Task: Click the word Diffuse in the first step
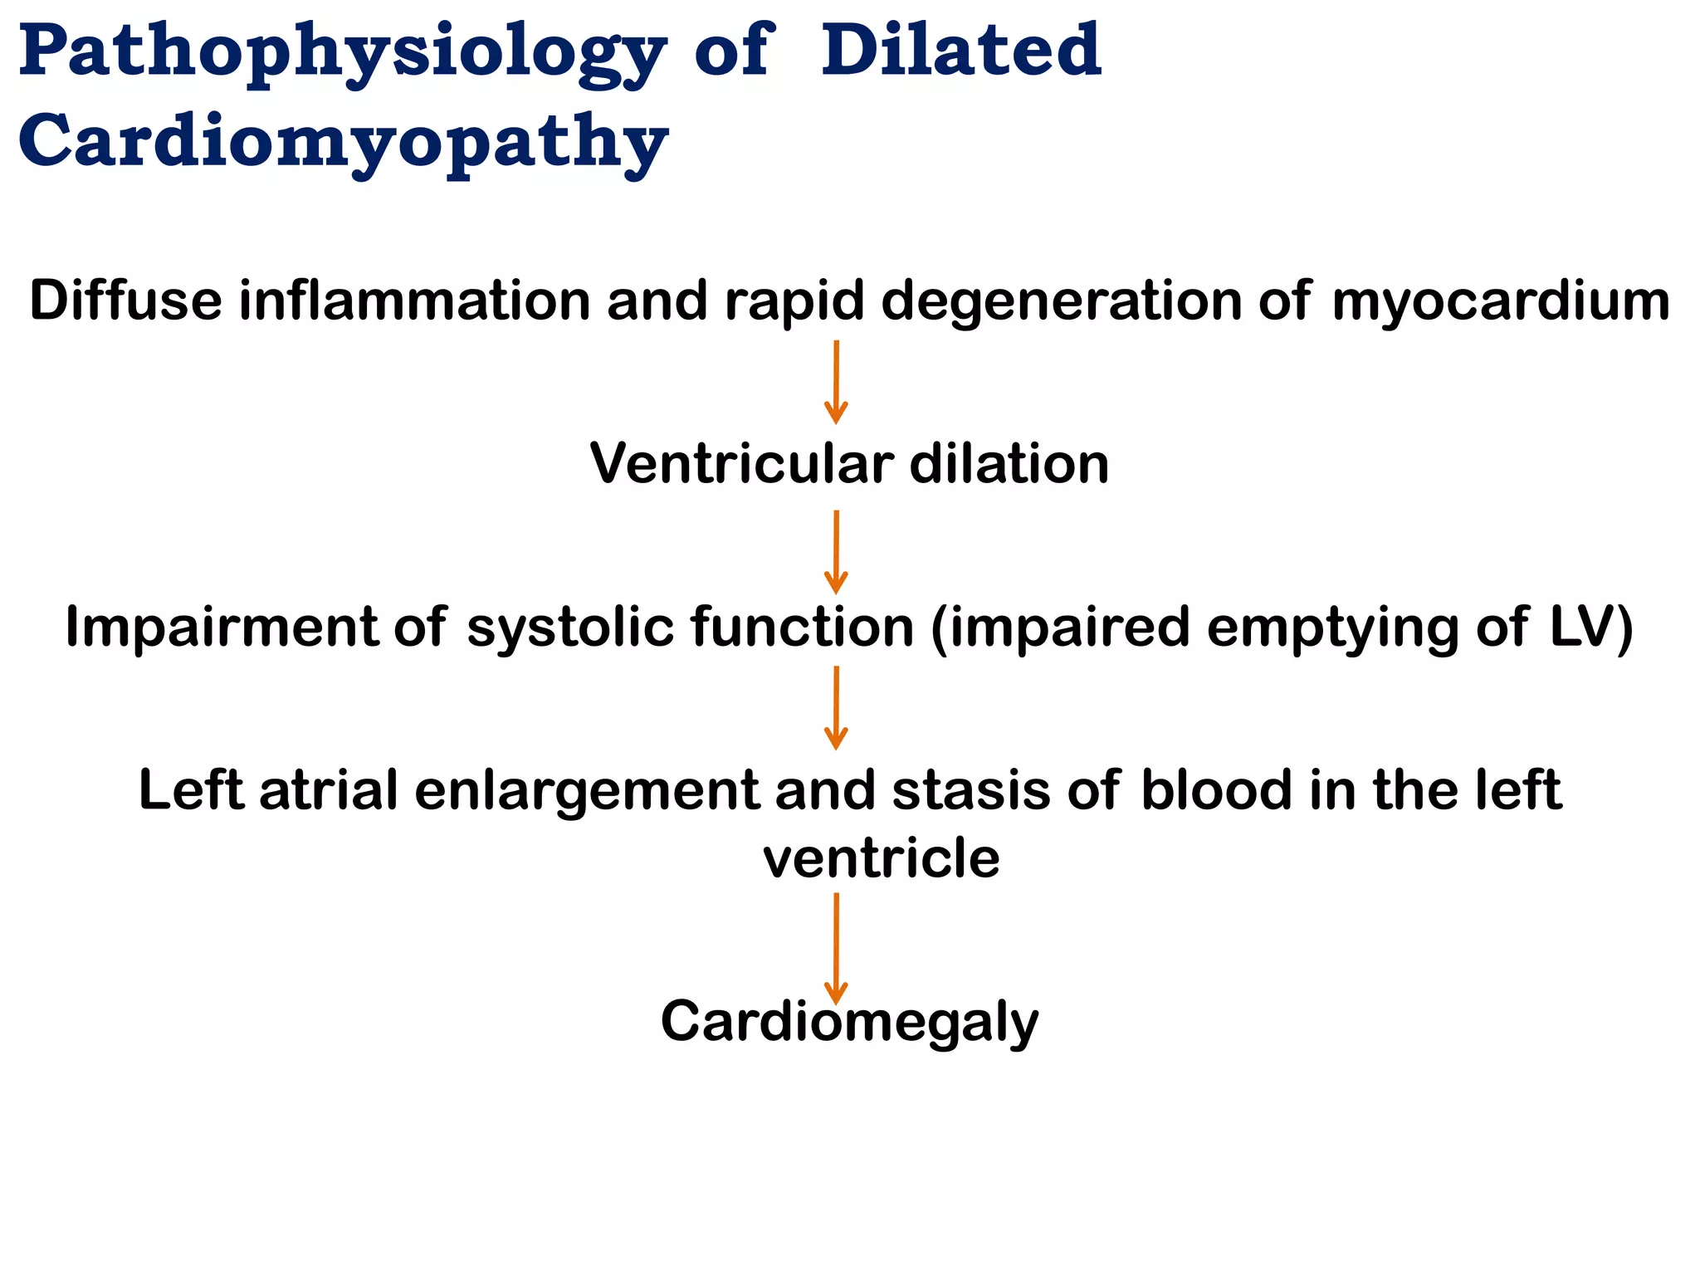(x=125, y=300)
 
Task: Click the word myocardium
(x=1501, y=301)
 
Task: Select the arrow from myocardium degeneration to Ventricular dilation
(x=836, y=382)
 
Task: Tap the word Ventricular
(x=742, y=463)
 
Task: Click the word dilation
(x=1009, y=463)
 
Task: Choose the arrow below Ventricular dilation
(x=836, y=551)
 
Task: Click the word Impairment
(x=221, y=627)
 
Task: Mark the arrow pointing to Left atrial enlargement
(x=836, y=707)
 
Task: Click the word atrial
(x=329, y=789)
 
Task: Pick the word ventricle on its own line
(x=881, y=858)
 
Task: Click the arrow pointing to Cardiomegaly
(x=836, y=948)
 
